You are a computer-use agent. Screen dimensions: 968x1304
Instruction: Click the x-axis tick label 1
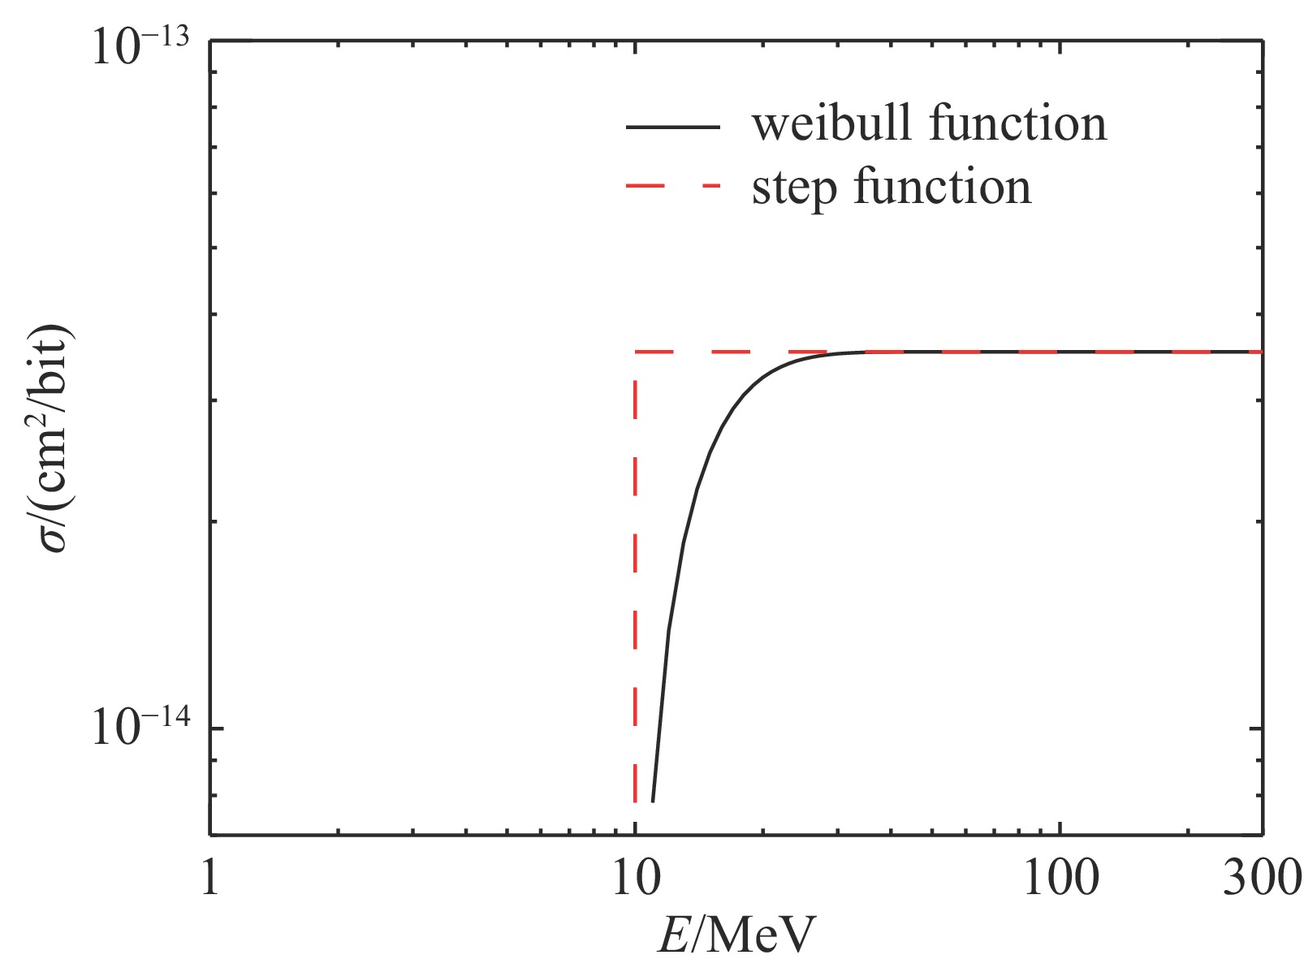pyautogui.click(x=210, y=879)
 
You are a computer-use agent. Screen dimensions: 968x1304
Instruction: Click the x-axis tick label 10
pyautogui.click(x=634, y=879)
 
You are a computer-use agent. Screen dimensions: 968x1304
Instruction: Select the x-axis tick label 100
pyautogui.click(x=1060, y=879)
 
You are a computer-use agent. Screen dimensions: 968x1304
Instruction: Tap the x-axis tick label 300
pyautogui.click(x=1261, y=879)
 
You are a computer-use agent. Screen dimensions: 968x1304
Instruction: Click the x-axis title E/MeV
pyautogui.click(x=735, y=936)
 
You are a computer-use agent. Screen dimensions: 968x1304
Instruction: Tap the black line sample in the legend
pyautogui.click(x=672, y=127)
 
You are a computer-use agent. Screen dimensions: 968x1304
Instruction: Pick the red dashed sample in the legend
pyautogui.click(x=672, y=187)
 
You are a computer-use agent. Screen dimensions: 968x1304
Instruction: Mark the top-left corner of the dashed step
pyautogui.click(x=635, y=352)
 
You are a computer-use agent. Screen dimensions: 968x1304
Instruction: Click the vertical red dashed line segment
pyautogui.click(x=635, y=568)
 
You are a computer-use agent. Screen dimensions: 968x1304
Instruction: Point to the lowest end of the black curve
pyautogui.click(x=653, y=802)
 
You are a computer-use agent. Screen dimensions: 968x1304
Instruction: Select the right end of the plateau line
pyautogui.click(x=1261, y=352)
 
